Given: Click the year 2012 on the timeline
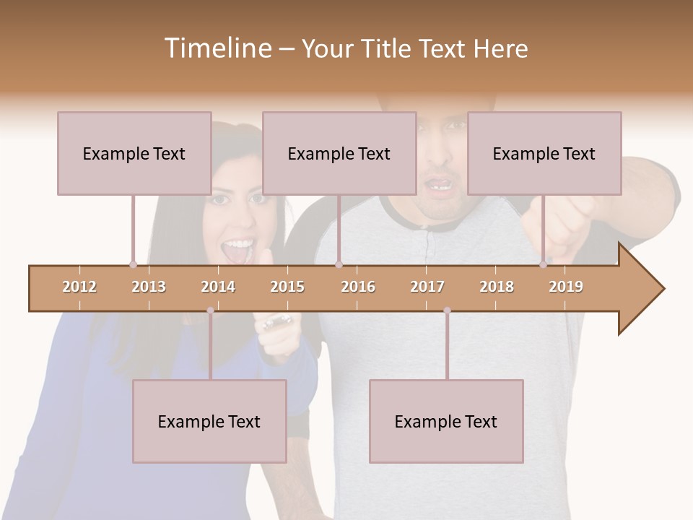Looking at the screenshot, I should (79, 287).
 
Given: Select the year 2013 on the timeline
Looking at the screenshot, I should (149, 287).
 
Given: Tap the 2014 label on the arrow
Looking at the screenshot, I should (218, 287).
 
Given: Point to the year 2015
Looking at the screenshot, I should (287, 287).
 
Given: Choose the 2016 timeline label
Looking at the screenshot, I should (358, 287).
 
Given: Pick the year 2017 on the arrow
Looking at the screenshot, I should (427, 287).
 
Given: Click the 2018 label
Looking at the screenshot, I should (497, 287).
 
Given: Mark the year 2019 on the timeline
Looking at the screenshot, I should (566, 287).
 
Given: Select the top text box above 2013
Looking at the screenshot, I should (134, 153).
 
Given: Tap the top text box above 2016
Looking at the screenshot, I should (339, 153).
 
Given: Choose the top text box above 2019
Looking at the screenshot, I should (544, 153).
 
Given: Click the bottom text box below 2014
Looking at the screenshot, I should (209, 421).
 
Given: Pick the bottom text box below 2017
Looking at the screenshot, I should (446, 421).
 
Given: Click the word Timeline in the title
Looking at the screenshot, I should (217, 48).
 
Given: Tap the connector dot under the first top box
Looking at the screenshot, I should (133, 264).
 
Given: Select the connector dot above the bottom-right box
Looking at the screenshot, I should (447, 311).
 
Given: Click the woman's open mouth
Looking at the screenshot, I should (237, 251).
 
